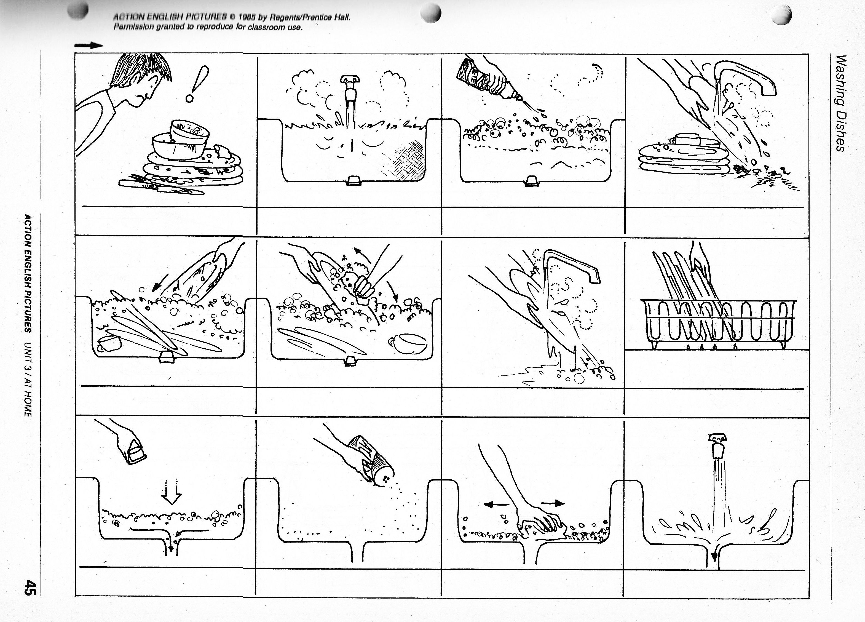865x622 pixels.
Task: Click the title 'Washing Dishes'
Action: click(x=840, y=103)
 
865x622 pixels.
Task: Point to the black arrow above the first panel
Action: click(x=89, y=46)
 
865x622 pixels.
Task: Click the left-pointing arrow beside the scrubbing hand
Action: click(x=496, y=504)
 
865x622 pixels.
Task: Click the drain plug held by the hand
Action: click(x=135, y=452)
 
